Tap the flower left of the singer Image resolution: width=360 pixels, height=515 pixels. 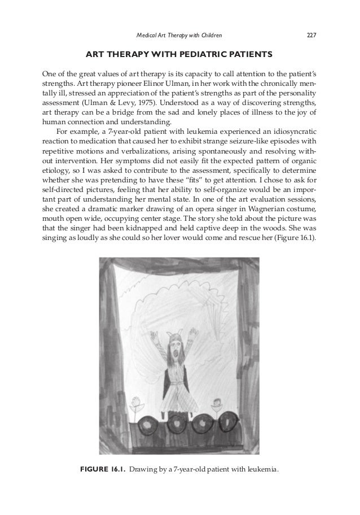point(134,407)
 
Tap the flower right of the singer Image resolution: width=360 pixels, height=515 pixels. point(216,405)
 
